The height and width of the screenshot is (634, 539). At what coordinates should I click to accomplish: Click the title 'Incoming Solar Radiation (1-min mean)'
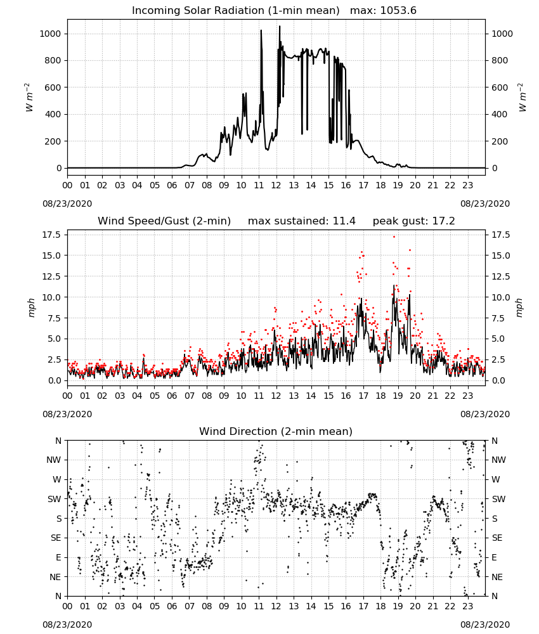point(236,11)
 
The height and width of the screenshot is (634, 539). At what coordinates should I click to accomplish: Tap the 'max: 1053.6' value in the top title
point(383,11)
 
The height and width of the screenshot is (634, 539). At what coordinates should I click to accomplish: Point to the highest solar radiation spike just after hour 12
point(280,27)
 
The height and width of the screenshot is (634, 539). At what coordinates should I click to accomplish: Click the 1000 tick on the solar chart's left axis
point(50,34)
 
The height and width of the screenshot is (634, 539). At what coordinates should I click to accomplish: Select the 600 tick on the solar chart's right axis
point(500,87)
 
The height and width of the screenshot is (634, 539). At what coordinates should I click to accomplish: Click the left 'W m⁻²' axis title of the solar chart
point(29,98)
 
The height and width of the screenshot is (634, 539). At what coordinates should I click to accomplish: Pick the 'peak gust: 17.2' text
point(413,221)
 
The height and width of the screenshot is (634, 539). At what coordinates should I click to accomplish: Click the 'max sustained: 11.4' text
point(302,221)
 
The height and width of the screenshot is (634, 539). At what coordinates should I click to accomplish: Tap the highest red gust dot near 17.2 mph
point(394,236)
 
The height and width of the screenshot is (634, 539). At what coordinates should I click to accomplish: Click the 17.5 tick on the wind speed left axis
point(52,235)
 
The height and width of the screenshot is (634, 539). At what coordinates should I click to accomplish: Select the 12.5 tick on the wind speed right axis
point(501,276)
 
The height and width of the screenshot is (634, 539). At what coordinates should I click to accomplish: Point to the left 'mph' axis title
point(32,307)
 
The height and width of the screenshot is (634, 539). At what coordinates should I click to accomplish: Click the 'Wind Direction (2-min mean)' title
point(276,431)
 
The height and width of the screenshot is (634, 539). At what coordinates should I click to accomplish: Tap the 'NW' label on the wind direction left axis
point(54,460)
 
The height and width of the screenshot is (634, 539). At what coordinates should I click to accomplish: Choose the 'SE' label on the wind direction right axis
point(497,538)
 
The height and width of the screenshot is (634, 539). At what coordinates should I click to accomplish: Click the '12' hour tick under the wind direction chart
point(276,607)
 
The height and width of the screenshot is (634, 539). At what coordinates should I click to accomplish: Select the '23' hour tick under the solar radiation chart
point(467,185)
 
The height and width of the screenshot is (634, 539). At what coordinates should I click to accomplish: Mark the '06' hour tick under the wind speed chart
point(172,396)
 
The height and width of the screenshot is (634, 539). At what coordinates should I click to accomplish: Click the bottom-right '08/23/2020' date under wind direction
point(485,624)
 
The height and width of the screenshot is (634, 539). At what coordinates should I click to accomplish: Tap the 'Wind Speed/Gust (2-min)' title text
point(164,221)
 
